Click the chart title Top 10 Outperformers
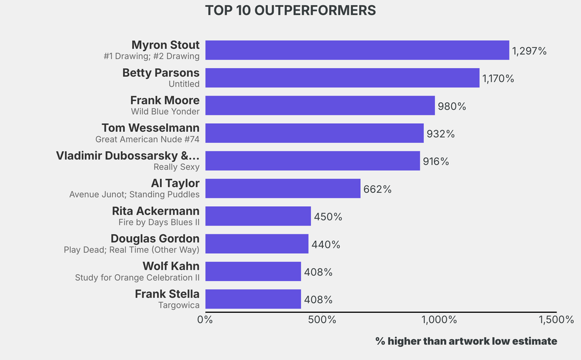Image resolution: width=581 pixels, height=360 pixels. click(x=290, y=11)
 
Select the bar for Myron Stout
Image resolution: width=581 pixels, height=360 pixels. click(x=357, y=50)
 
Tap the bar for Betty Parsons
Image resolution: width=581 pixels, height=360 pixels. click(x=342, y=78)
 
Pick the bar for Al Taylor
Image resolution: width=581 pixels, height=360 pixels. click(x=283, y=189)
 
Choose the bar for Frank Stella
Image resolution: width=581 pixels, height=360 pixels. click(x=253, y=299)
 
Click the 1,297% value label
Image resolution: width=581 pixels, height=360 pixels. click(x=529, y=51)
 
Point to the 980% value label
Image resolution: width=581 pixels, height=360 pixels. click(x=452, y=106)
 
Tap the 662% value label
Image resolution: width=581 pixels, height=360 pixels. click(x=377, y=189)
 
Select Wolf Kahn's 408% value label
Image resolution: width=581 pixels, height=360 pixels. click(x=318, y=272)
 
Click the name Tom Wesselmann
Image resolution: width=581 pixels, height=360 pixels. click(x=150, y=128)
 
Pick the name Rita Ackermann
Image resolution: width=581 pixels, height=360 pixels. click(x=155, y=211)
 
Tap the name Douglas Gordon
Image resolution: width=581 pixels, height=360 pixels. click(x=155, y=238)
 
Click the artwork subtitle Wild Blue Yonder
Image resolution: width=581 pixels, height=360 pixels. click(x=165, y=111)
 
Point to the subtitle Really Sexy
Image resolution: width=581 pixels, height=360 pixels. click(x=176, y=167)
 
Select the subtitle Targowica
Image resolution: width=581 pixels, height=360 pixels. click(x=179, y=305)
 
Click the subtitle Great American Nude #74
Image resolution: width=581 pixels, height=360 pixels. click(x=148, y=139)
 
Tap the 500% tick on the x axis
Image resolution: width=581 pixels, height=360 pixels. click(x=322, y=320)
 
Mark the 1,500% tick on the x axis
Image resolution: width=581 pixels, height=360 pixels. click(x=556, y=320)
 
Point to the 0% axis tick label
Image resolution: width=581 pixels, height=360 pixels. click(x=205, y=320)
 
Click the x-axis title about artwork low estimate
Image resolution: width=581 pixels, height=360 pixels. click(x=466, y=341)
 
